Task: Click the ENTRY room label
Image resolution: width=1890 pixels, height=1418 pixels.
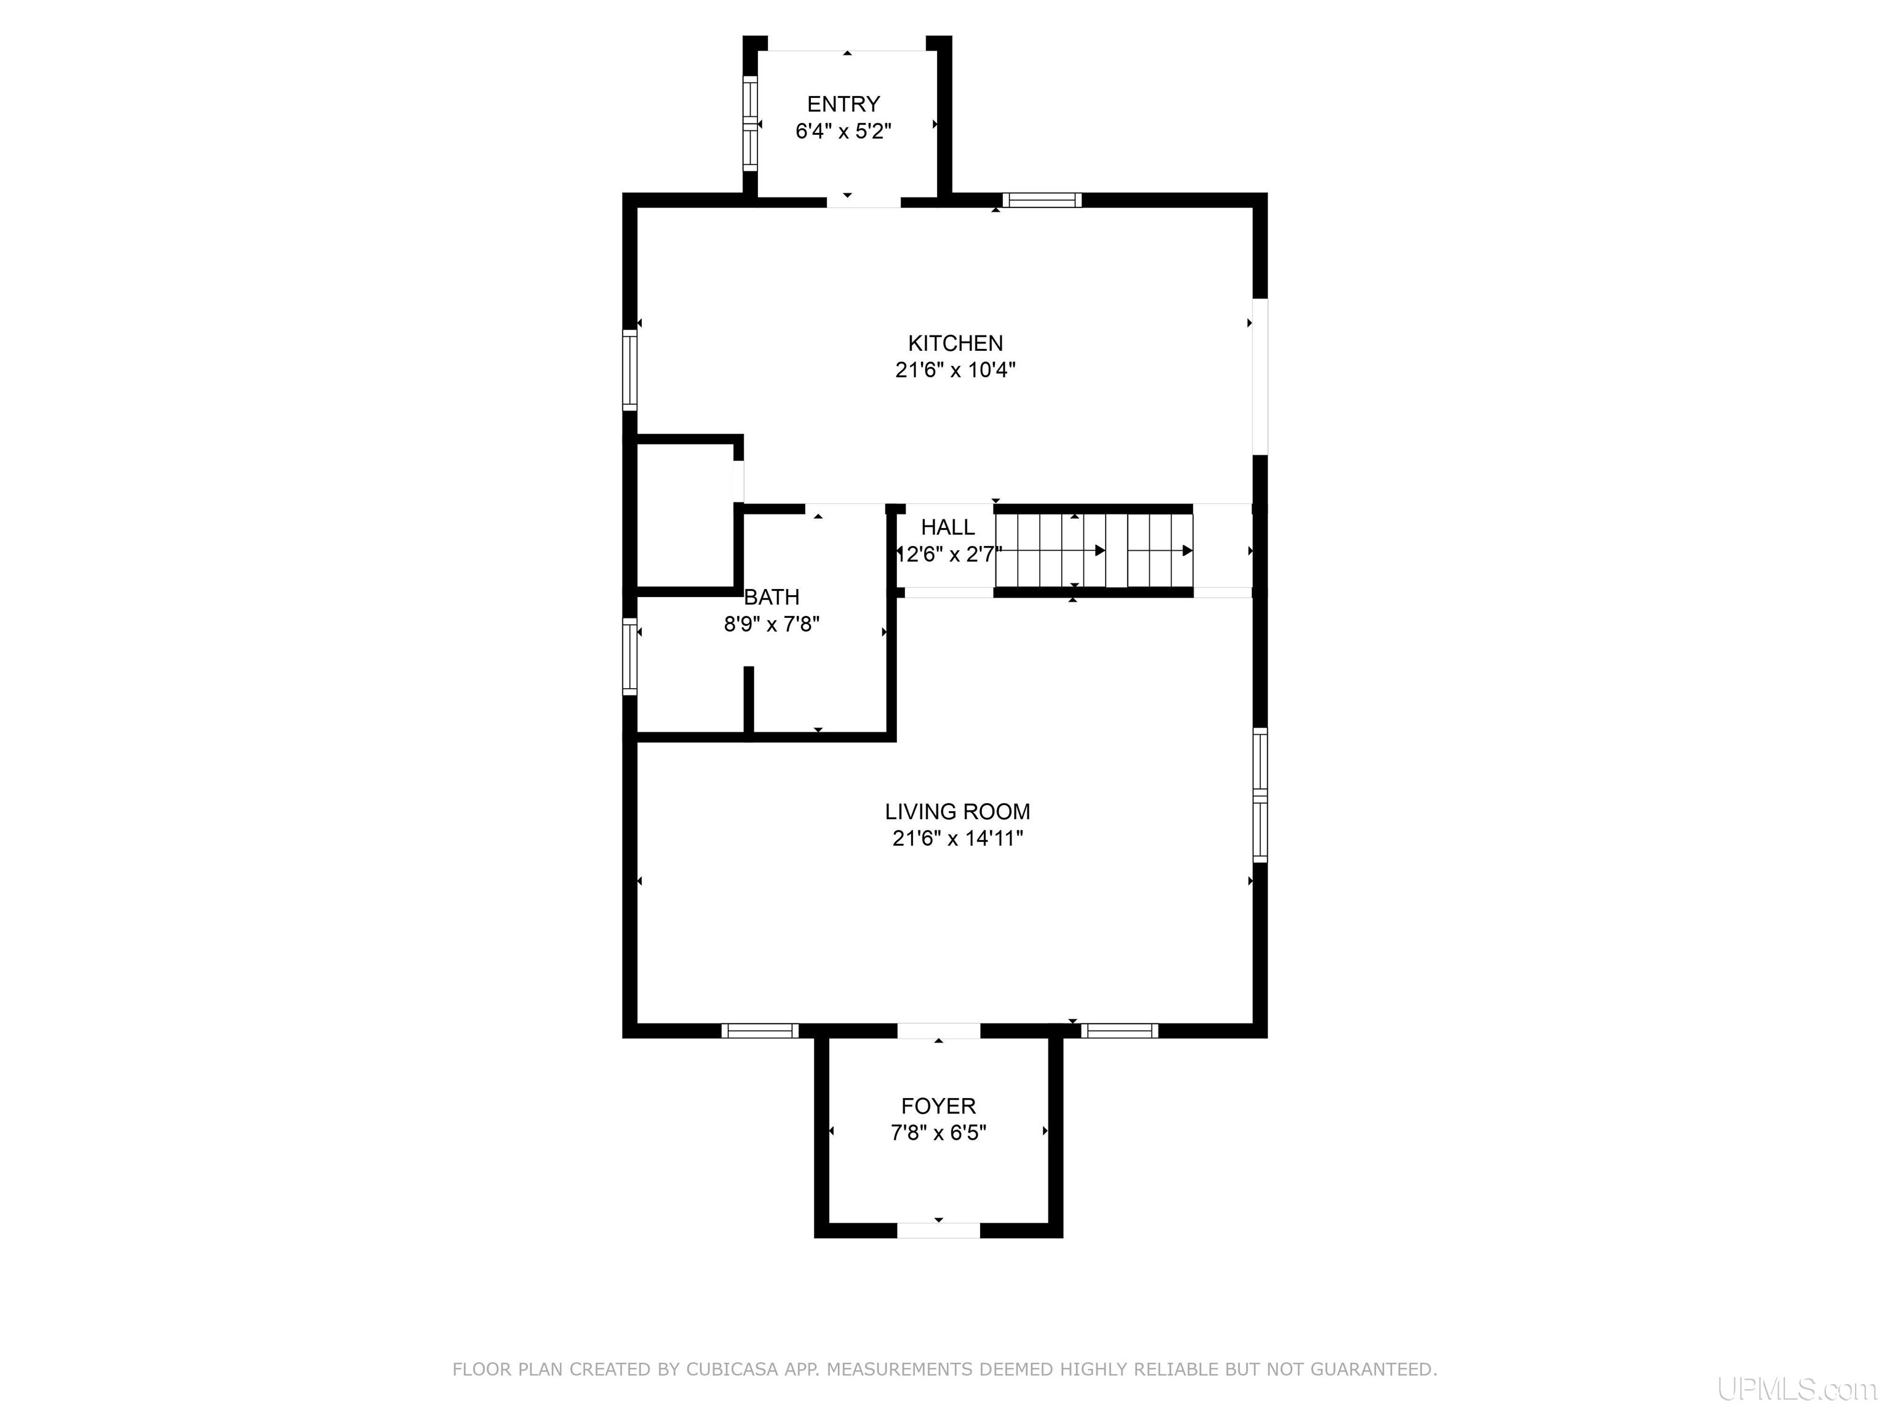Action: [x=843, y=104]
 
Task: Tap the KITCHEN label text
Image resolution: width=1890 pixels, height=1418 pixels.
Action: [x=955, y=343]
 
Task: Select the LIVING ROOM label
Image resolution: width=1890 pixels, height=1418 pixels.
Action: [x=957, y=811]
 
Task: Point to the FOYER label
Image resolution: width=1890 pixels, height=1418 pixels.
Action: [x=938, y=1106]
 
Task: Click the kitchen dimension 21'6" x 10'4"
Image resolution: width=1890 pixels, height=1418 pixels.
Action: [x=955, y=370]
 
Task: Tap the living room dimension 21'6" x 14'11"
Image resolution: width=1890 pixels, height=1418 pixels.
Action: [x=957, y=838]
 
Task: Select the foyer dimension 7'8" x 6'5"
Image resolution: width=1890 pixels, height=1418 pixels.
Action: [x=938, y=1132]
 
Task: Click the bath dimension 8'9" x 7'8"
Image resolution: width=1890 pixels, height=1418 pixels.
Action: [x=772, y=624]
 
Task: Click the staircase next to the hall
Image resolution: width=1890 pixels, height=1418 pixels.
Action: [x=1094, y=550]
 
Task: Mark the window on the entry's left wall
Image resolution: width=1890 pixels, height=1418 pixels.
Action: [x=750, y=124]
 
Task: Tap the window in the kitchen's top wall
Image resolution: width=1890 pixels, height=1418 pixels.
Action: [x=1042, y=200]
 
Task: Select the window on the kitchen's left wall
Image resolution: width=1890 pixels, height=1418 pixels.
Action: [x=630, y=370]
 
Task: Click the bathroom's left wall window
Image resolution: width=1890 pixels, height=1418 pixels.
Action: [x=630, y=657]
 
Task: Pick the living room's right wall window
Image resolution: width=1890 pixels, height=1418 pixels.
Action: [x=1259, y=795]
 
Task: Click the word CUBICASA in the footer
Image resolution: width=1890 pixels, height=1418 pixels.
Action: [x=732, y=1369]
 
